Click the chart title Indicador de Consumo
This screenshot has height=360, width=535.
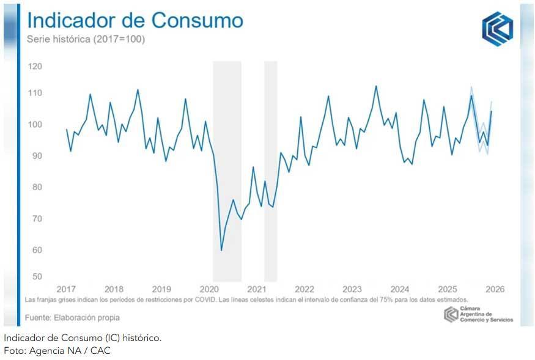pyautogui.click(x=135, y=20)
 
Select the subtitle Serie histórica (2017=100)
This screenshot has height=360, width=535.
pyautogui.click(x=86, y=39)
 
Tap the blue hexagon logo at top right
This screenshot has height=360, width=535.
pyautogui.click(x=497, y=28)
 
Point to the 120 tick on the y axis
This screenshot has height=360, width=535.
pyautogui.click(x=35, y=66)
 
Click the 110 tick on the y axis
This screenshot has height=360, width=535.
pyautogui.click(x=35, y=93)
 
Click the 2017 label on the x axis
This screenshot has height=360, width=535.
pyautogui.click(x=66, y=289)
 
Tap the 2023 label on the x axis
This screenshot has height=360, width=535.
pyautogui.click(x=352, y=289)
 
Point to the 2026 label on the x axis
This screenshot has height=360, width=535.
pyautogui.click(x=495, y=289)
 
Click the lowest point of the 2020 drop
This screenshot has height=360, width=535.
pyautogui.click(x=221, y=250)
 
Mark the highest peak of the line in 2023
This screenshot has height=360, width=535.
pyautogui.click(x=375, y=86)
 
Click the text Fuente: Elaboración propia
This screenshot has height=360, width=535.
pyautogui.click(x=72, y=317)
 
